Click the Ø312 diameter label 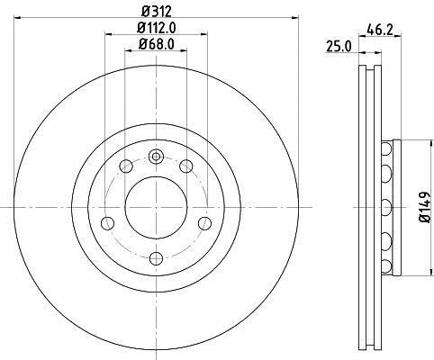[x=156, y=12]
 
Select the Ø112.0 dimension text [x=157, y=28]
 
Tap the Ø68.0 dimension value [x=157, y=44]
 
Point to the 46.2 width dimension [x=380, y=31]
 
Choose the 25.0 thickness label [x=339, y=47]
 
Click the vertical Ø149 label [x=425, y=207]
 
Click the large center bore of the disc [x=156, y=207]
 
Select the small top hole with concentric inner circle [x=156, y=157]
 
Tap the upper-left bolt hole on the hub [x=126, y=166]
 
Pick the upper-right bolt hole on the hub [x=186, y=166]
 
